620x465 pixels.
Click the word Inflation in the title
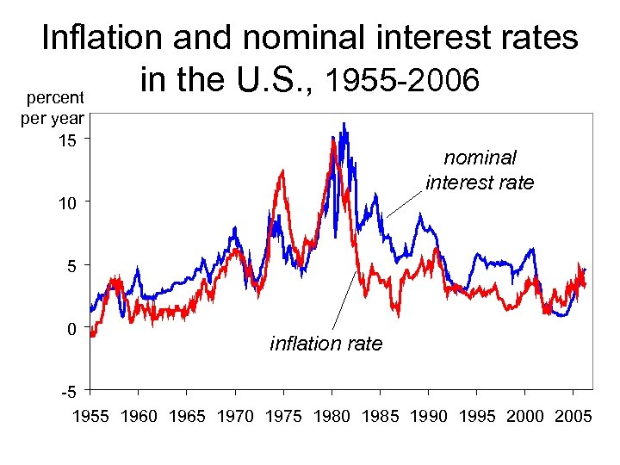tap(102, 37)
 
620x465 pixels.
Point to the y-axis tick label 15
tap(66, 139)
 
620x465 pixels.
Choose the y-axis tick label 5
tap(71, 266)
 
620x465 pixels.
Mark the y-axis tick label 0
tap(71, 329)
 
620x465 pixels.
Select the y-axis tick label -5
tap(68, 393)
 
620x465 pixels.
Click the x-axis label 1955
tap(90, 417)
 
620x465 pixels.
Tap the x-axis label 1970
tap(235, 417)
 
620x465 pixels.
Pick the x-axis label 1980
tap(332, 417)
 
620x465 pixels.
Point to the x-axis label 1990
tap(428, 417)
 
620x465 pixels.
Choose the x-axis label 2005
tap(573, 417)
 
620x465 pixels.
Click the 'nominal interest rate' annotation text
tap(480, 170)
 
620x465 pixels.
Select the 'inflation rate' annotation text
tap(325, 344)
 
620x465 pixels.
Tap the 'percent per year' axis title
tap(53, 108)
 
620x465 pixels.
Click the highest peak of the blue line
tap(344, 124)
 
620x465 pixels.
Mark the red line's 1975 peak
tap(282, 171)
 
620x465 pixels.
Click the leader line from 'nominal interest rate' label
tap(404, 205)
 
